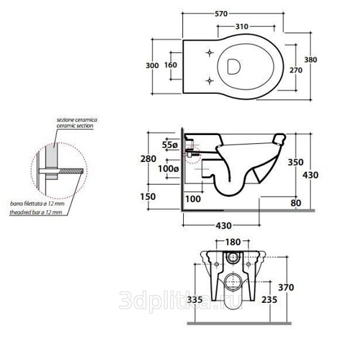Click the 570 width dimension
coord(221,14)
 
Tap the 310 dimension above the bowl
coord(242,26)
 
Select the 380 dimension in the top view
coord(311,60)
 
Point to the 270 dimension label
coord(296,70)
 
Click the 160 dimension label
coord(171,65)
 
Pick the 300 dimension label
coord(152,66)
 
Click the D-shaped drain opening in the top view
coord(234,66)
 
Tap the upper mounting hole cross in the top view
coord(209,53)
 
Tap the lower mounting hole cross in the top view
coord(209,80)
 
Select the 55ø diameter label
coord(170,145)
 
